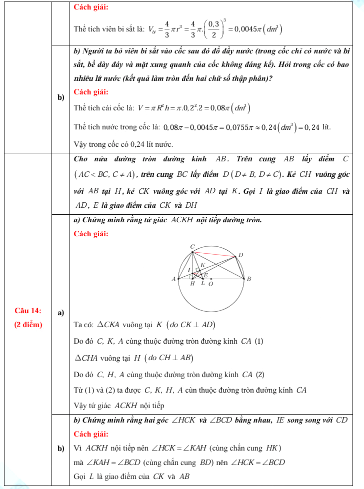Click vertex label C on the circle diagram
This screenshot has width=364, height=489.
click(193, 246)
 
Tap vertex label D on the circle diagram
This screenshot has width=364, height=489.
click(240, 255)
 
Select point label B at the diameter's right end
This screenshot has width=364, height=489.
click(248, 279)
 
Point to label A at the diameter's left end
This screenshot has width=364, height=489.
click(173, 279)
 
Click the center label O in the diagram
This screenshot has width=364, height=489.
click(210, 284)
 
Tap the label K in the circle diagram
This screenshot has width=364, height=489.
click(202, 265)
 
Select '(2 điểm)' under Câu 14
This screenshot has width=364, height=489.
click(28, 325)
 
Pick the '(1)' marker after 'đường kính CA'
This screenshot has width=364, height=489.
click(259, 341)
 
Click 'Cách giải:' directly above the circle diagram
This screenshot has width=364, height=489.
click(91, 234)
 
